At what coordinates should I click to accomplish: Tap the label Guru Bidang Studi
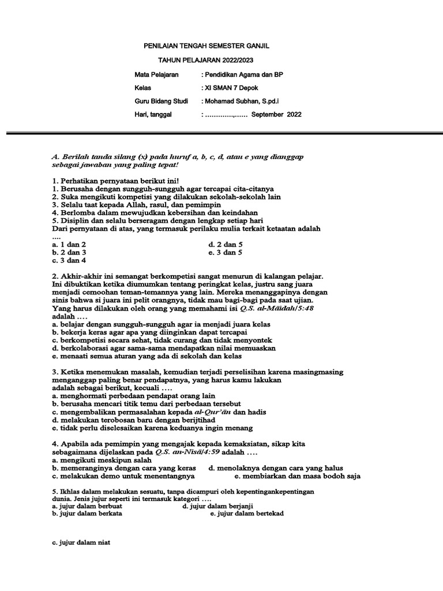click(161, 101)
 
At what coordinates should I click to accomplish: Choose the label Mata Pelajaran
click(156, 74)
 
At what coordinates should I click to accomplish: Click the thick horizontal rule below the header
click(221, 133)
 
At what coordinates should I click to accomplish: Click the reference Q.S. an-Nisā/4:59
click(187, 452)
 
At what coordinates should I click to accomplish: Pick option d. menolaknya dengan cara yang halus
click(276, 468)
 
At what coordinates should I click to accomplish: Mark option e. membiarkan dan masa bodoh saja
click(297, 476)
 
